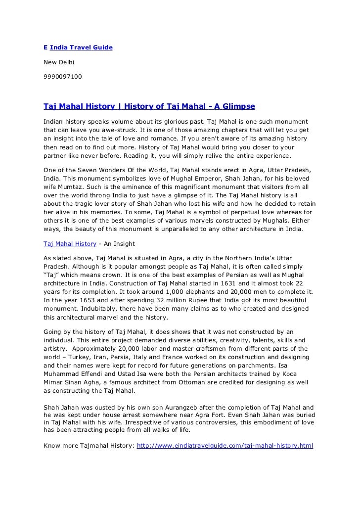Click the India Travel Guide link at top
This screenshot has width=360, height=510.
click(81, 47)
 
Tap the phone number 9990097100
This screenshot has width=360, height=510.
click(63, 77)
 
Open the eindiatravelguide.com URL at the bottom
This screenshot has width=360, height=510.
click(225, 446)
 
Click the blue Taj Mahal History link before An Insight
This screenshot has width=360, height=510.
click(70, 244)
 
